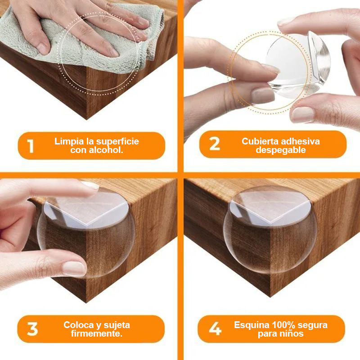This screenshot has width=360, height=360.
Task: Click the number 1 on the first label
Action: coord(31,146)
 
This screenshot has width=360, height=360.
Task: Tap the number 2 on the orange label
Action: coord(215,144)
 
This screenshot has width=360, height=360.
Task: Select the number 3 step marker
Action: coord(32,329)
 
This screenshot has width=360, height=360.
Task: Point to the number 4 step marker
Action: coord(215,329)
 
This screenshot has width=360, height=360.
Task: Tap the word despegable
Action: coord(280,150)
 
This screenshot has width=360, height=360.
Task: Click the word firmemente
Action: coord(96,333)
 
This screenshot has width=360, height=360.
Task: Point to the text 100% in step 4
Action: coord(283,325)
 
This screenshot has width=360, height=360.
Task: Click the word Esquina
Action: coord(252,325)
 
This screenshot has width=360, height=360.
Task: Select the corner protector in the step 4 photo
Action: coord(270,229)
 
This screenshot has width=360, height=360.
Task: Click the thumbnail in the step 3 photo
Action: coord(74,268)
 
